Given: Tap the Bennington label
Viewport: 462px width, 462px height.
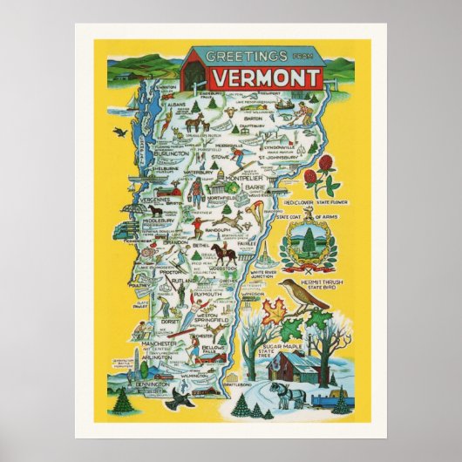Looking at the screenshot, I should coord(154,382).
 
